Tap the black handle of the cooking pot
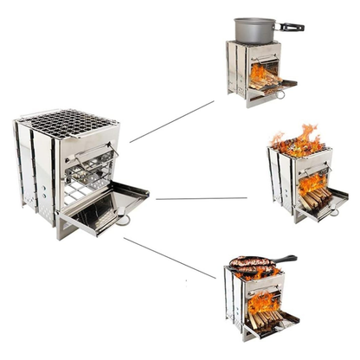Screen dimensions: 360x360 [291, 27]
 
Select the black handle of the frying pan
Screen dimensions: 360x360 [283, 259]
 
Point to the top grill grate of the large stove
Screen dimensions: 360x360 [69, 123]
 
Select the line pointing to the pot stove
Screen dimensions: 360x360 [171, 121]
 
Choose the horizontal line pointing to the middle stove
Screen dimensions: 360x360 [201, 198]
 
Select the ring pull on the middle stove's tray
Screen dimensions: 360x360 [333, 211]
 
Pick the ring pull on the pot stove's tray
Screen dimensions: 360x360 [280, 93]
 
